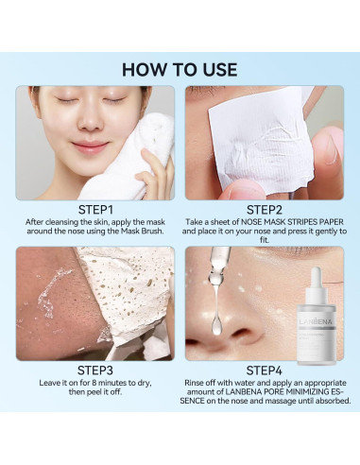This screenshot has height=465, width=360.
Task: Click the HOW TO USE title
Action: [180, 69]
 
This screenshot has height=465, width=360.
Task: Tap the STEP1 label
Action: [95, 210]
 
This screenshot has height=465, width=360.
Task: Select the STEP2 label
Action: [265, 210]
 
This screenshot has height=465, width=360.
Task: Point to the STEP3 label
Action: [95, 370]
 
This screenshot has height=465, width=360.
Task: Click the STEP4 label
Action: [265, 370]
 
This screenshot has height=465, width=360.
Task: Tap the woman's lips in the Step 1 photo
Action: [91, 146]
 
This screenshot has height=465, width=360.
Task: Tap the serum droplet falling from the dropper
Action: [216, 324]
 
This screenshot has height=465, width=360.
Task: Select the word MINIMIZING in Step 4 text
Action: [310, 392]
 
